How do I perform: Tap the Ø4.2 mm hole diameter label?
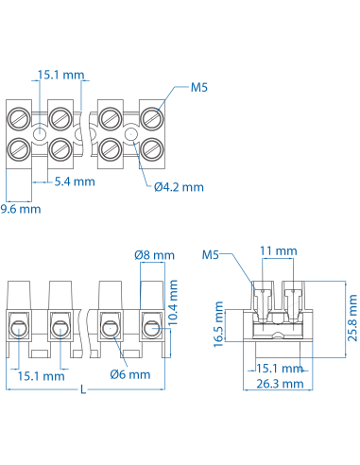click(x=179, y=186)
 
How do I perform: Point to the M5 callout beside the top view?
click(x=198, y=88)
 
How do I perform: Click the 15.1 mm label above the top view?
click(x=59, y=75)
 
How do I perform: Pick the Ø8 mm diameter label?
click(x=155, y=255)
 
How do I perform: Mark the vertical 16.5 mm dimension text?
click(x=219, y=325)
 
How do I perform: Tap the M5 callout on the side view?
click(x=211, y=255)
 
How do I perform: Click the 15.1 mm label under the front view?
click(x=41, y=375)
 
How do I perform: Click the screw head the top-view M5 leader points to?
click(x=151, y=117)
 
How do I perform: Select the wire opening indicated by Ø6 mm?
click(x=108, y=329)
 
